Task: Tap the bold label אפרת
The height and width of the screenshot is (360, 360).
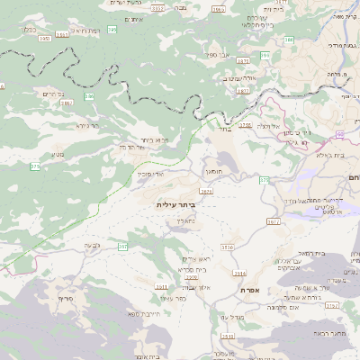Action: [x=250, y=290]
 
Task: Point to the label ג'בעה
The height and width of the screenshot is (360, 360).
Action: [x=92, y=245]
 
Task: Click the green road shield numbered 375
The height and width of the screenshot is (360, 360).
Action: [x=35, y=166]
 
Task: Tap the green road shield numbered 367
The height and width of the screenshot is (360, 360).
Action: [x=123, y=245]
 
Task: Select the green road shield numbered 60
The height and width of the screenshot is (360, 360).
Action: [x=264, y=181]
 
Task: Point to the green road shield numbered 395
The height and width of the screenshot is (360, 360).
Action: [x=112, y=30]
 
